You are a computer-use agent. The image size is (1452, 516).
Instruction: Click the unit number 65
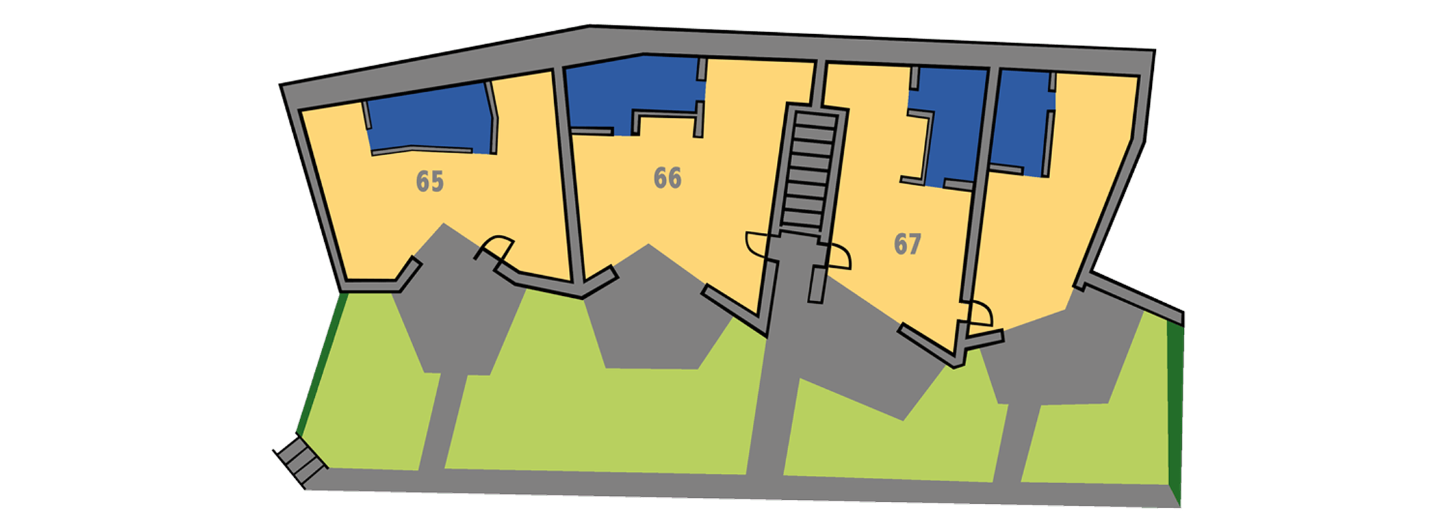(x=430, y=181)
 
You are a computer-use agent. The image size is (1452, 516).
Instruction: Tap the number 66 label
(x=667, y=178)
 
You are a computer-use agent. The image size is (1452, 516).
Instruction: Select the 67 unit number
(x=907, y=244)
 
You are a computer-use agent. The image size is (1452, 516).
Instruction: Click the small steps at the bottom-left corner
(x=301, y=459)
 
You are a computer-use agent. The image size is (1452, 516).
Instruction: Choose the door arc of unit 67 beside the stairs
(x=839, y=257)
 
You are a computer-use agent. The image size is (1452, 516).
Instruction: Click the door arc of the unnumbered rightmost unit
(x=978, y=315)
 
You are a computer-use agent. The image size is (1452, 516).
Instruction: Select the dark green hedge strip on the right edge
(x=1175, y=415)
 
